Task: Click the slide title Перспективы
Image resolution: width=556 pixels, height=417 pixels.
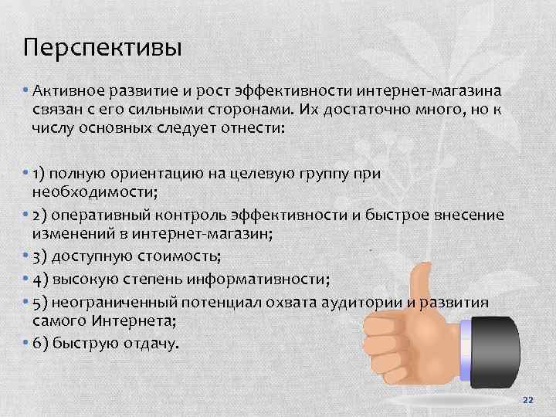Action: (102, 49)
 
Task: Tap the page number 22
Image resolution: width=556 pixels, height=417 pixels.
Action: (528, 398)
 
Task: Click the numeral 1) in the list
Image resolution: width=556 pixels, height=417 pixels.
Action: (40, 173)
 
